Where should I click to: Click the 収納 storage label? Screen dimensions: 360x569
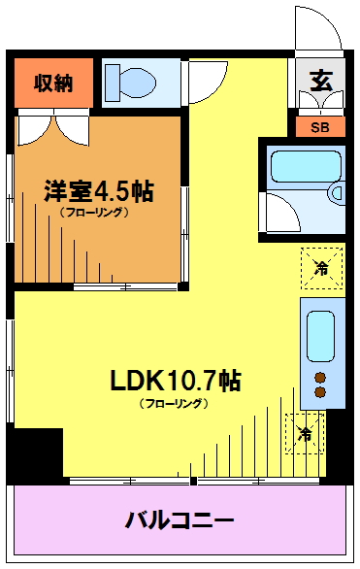(53, 84)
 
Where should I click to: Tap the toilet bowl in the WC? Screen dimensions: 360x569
(137, 83)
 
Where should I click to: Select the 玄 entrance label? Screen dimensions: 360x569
(321, 81)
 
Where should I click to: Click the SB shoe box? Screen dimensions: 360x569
(320, 127)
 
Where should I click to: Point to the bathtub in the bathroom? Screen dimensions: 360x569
(306, 166)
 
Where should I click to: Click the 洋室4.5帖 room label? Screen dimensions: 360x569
(99, 191)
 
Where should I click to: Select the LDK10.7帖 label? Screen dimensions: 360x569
(175, 380)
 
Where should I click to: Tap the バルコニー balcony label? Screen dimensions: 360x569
(180, 520)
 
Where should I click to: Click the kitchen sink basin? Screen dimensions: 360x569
(320, 336)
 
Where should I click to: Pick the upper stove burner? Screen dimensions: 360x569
(320, 378)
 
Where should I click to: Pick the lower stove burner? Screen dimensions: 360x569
(320, 392)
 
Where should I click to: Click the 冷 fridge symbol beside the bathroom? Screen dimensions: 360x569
(322, 268)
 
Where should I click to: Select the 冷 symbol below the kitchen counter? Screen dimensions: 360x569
(305, 433)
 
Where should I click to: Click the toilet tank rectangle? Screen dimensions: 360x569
(113, 83)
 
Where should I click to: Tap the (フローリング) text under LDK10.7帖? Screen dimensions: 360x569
(174, 403)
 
